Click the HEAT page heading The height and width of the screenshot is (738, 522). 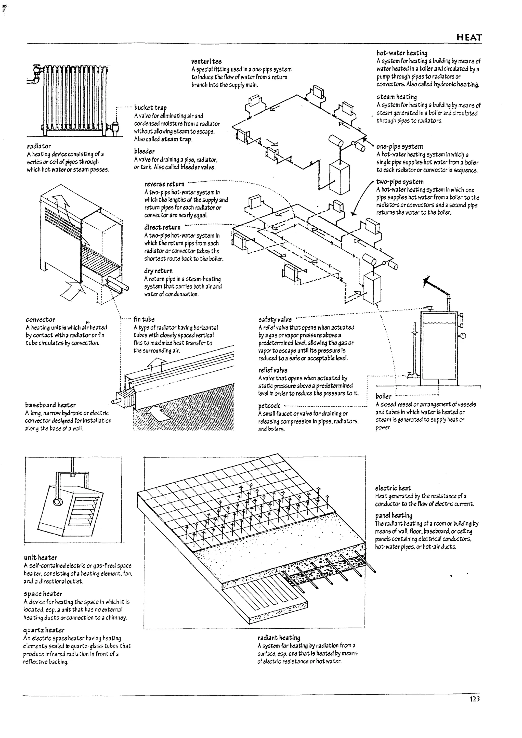(469, 38)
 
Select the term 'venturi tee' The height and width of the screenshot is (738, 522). (206, 61)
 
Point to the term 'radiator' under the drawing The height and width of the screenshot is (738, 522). (39, 146)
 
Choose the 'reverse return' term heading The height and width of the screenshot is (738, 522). (164, 184)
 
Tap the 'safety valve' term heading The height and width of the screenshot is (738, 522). (275, 319)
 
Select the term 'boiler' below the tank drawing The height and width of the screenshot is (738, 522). (383, 396)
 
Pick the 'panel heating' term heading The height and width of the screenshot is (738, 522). (394, 515)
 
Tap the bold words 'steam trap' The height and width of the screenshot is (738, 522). (176, 139)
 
